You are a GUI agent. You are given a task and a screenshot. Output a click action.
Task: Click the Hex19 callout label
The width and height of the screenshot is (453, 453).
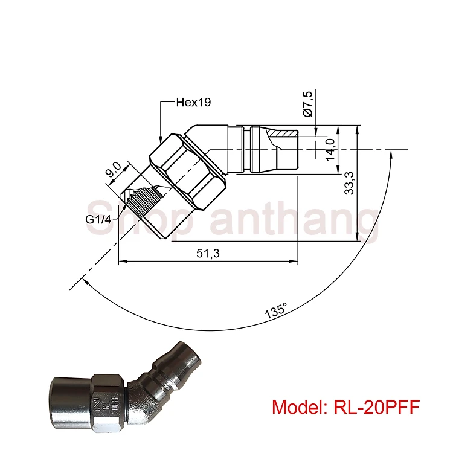(x=193, y=102)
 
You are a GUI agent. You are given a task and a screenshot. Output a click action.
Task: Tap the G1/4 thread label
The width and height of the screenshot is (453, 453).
(x=98, y=220)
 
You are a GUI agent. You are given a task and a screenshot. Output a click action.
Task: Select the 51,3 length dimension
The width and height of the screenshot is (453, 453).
(x=208, y=253)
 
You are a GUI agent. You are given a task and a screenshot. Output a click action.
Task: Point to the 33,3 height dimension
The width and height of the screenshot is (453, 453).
(x=349, y=183)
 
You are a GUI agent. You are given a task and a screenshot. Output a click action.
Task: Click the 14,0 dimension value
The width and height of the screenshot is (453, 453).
(x=330, y=149)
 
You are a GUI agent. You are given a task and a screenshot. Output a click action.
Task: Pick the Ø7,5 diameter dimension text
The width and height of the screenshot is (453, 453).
(x=307, y=104)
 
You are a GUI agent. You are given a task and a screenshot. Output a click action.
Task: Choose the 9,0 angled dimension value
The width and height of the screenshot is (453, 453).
(x=114, y=170)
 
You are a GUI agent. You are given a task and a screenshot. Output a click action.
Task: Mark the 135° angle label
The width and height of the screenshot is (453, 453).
(x=276, y=310)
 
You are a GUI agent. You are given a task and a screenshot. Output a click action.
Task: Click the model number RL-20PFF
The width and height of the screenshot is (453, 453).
(x=376, y=406)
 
